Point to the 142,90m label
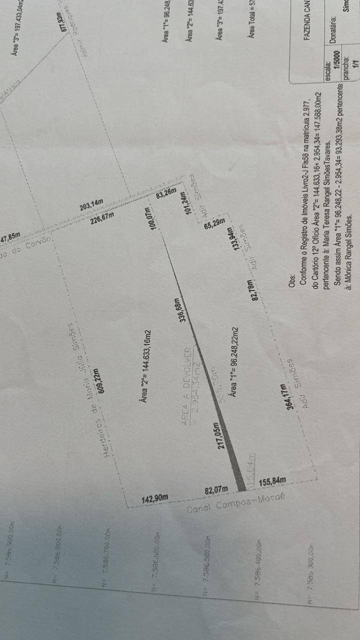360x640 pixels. tap(154, 498)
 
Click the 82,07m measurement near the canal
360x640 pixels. tap(216, 489)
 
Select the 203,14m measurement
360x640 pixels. tap(91, 204)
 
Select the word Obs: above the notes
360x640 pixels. tap(292, 276)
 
